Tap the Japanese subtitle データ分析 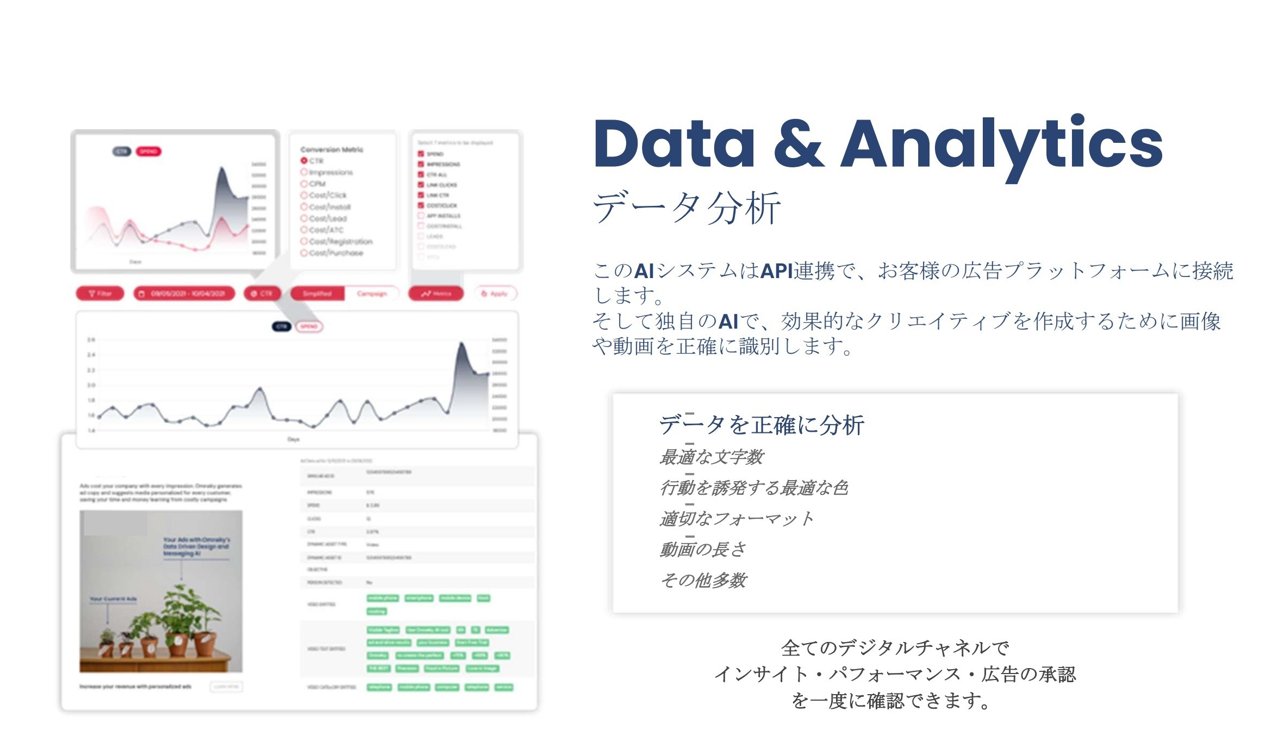687,207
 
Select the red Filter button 100,294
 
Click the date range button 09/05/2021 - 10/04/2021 184,294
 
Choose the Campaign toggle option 372,294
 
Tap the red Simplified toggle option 317,294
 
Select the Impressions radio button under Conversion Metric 304,172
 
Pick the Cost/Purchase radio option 304,253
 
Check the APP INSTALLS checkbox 421,216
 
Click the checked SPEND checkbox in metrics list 421,154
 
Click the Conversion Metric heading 332,149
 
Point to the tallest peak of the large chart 461,343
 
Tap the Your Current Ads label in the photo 113,599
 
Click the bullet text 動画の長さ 702,550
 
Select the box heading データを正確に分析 761,425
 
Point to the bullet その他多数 703,581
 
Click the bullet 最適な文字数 712,457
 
